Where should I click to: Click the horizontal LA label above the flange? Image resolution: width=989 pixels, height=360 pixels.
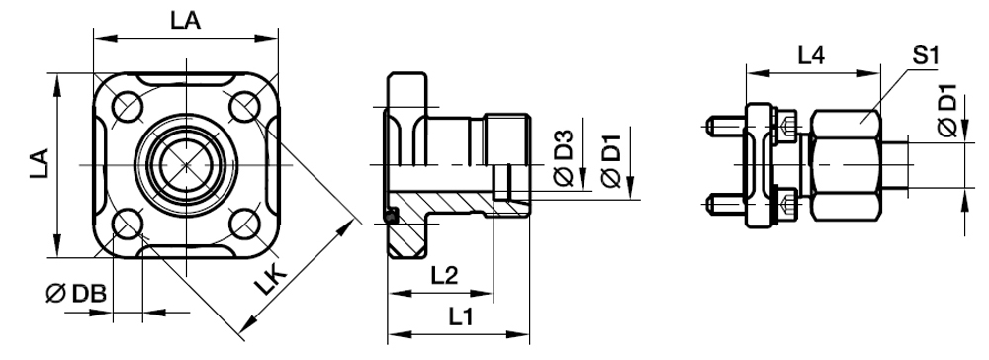[185, 21]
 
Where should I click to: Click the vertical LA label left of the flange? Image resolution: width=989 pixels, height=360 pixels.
[40, 164]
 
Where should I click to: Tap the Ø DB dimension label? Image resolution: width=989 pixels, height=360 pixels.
[76, 293]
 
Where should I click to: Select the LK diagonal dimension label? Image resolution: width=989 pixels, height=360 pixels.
[271, 280]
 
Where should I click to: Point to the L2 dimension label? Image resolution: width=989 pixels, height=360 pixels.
[444, 276]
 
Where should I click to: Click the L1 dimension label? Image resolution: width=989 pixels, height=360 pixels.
[461, 317]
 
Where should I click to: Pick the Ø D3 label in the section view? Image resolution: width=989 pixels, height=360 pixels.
[564, 157]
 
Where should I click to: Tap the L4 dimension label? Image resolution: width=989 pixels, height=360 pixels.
[811, 56]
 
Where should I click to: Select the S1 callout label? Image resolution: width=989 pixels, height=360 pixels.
[926, 56]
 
